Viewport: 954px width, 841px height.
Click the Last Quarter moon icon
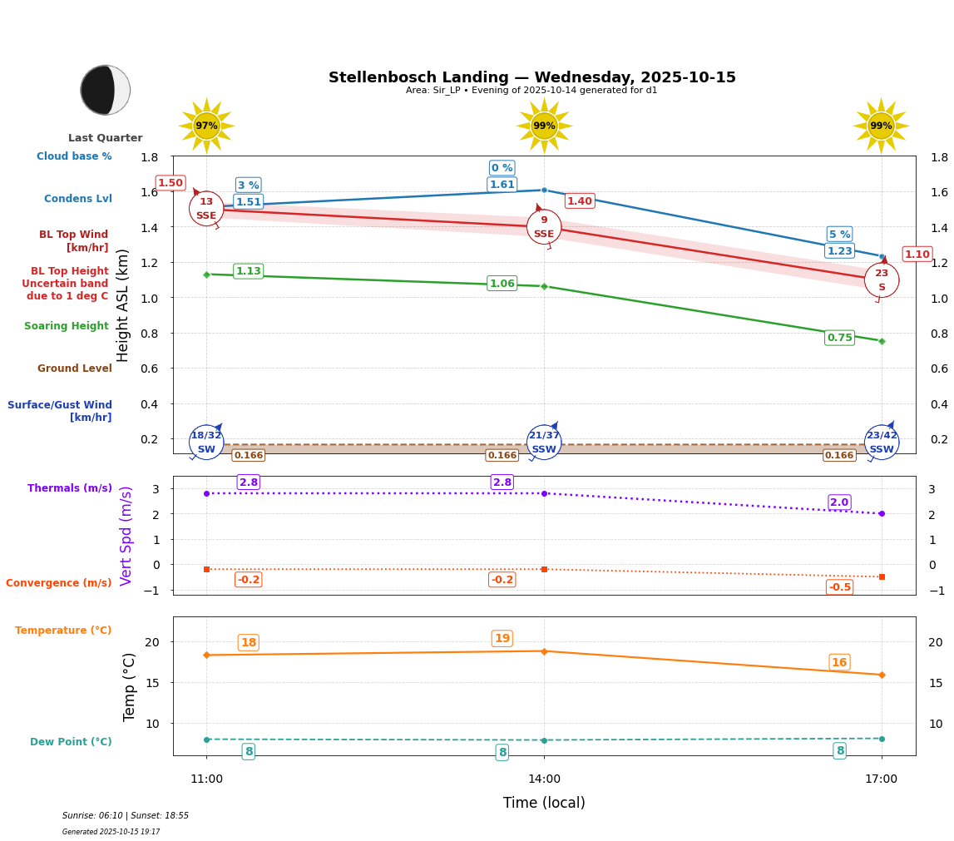point(106,90)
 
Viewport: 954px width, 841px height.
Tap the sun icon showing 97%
point(206,126)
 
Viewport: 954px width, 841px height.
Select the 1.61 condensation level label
point(502,185)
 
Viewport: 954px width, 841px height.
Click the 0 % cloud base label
point(502,168)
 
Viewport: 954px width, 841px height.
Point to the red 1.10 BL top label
point(917,255)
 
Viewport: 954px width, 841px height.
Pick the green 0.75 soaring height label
point(839,338)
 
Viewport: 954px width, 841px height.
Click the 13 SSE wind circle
point(206,209)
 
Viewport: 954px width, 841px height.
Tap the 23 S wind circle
point(882,280)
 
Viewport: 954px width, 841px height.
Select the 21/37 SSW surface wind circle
point(544,443)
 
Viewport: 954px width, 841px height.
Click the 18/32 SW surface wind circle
point(206,443)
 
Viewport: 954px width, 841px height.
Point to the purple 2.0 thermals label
point(839,502)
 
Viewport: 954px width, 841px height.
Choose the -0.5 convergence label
point(839,587)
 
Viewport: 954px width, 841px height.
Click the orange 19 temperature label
point(502,639)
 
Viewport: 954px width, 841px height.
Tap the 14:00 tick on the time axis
point(544,779)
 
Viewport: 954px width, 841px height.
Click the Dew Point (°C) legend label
point(71,742)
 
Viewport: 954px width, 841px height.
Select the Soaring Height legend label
point(67,326)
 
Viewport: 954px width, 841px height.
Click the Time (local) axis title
point(544,803)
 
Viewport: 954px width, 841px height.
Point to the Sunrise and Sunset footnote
point(126,816)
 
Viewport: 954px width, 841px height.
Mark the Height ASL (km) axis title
point(123,305)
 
